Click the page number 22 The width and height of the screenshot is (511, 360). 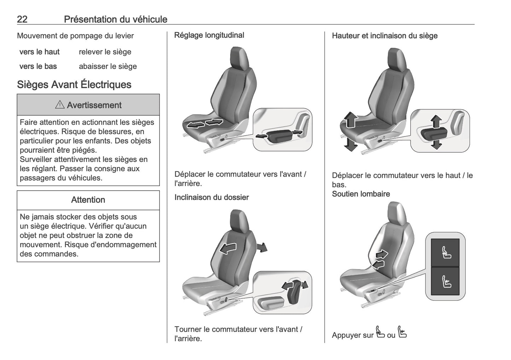(22, 19)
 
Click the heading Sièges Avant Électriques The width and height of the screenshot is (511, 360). (74, 85)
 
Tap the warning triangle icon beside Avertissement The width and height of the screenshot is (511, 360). (60, 105)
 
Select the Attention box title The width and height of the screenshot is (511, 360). (88, 200)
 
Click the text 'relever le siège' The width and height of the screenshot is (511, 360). (105, 52)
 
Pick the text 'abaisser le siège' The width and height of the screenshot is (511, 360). (108, 66)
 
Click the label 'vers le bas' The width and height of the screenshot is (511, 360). (38, 66)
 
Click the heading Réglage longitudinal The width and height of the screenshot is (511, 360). (209, 35)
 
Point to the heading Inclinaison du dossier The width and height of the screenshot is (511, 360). (211, 197)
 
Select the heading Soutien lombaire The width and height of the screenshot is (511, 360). (361, 194)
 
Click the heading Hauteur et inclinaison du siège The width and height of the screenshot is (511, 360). (385, 36)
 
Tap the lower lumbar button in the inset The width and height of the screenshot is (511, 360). (445, 281)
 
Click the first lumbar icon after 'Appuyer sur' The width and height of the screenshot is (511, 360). (380, 332)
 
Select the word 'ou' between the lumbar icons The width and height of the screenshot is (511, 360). (391, 335)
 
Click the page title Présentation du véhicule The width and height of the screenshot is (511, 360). (116, 19)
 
